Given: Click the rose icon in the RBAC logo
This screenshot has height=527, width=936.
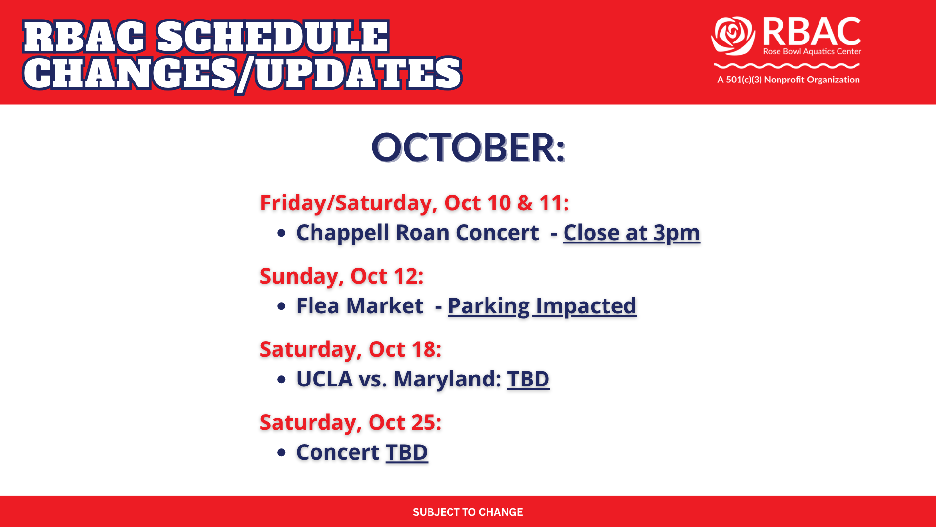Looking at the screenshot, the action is click(733, 36).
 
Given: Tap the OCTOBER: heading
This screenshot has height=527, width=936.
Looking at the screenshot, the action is click(468, 147).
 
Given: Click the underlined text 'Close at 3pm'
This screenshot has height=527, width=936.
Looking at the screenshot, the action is click(632, 233).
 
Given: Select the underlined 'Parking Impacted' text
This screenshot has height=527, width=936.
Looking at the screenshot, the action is click(542, 306).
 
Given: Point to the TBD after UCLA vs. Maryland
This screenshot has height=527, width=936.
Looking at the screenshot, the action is click(528, 379).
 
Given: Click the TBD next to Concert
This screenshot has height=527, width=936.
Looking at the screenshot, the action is click(407, 452).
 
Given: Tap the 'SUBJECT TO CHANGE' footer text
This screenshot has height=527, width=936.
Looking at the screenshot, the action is click(468, 512).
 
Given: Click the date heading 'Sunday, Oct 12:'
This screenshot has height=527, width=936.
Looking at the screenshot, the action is click(342, 277).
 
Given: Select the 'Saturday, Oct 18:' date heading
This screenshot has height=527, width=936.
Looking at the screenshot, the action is click(351, 350).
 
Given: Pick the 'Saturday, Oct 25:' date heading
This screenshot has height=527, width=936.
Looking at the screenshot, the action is click(351, 423).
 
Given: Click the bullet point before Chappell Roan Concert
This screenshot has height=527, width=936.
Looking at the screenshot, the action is click(281, 233).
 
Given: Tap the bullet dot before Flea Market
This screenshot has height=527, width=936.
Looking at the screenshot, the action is click(281, 306).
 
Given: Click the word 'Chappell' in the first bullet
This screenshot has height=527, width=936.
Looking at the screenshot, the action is click(343, 233).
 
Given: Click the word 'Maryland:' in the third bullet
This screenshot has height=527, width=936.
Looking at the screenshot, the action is click(448, 380).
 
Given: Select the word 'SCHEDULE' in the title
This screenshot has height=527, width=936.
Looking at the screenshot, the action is click(273, 37).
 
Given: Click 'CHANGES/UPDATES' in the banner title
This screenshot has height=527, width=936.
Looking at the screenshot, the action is click(242, 74).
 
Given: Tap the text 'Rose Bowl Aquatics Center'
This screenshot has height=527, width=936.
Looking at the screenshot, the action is click(812, 51).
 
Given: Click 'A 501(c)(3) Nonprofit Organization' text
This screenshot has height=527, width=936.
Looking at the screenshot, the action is click(788, 80).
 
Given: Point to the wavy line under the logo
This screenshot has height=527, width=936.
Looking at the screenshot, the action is click(787, 65).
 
